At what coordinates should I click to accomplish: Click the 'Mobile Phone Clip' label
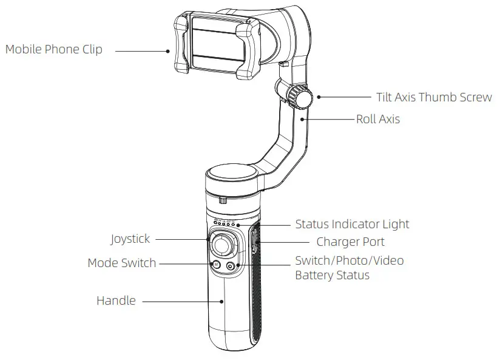(x=53, y=50)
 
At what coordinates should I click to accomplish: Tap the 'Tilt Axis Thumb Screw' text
(x=433, y=97)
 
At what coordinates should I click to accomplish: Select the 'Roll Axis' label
(x=377, y=119)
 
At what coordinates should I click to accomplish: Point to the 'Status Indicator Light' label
(x=352, y=224)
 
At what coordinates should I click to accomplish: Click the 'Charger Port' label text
(x=350, y=242)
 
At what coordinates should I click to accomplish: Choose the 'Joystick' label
(x=130, y=239)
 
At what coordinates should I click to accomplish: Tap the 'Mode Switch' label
(x=121, y=263)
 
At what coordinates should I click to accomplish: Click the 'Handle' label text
(x=116, y=301)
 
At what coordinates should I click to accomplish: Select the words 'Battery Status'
(x=332, y=275)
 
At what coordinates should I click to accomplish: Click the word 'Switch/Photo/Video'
(x=349, y=260)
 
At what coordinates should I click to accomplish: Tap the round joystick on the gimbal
(x=223, y=245)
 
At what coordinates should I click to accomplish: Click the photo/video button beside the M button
(x=231, y=265)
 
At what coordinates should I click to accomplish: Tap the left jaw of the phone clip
(x=181, y=45)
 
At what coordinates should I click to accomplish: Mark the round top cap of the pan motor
(x=234, y=175)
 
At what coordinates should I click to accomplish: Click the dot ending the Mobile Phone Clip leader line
(x=170, y=51)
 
